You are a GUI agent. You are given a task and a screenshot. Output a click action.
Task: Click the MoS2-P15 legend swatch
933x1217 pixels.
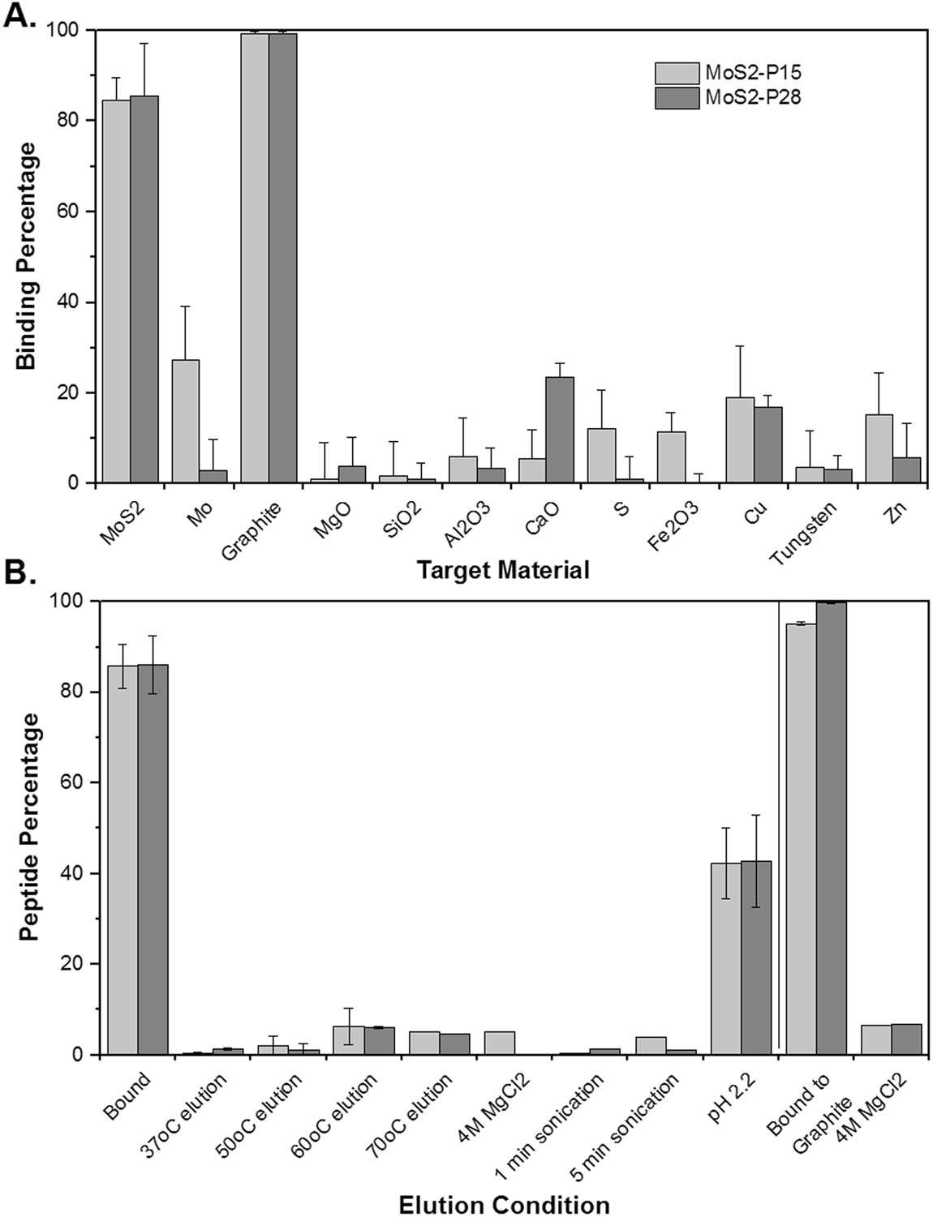[x=677, y=73]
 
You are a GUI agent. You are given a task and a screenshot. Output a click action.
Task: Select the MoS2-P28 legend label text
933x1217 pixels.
[x=753, y=98]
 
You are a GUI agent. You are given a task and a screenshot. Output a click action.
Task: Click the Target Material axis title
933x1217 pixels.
[x=503, y=571]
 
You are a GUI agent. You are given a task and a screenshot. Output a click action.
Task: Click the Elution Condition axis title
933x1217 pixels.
[x=504, y=1205]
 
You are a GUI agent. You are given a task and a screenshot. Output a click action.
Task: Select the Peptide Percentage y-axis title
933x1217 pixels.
[x=29, y=827]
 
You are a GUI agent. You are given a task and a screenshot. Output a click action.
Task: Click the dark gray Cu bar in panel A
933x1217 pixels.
[x=768, y=445]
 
